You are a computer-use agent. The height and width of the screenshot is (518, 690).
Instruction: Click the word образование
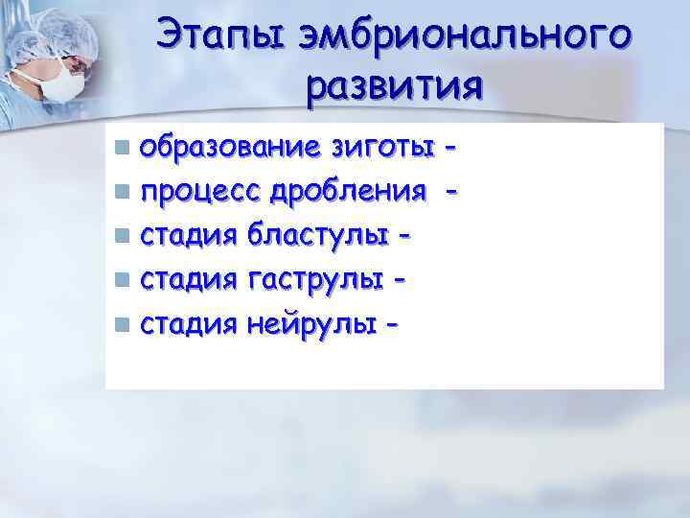(229, 149)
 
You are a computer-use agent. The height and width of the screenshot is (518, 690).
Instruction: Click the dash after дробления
(451, 193)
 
